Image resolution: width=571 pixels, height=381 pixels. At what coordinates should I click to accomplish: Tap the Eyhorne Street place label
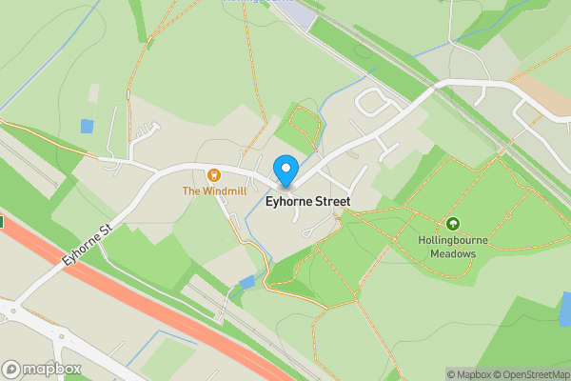pyautogui.click(x=307, y=202)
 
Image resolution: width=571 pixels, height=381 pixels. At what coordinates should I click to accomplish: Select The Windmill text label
pyautogui.click(x=215, y=191)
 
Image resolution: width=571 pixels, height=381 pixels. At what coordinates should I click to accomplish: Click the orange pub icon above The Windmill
pyautogui.click(x=214, y=175)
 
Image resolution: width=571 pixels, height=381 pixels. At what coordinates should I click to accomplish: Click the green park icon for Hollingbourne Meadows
pyautogui.click(x=453, y=224)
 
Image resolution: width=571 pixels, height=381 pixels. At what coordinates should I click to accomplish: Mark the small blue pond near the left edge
pyautogui.click(x=88, y=126)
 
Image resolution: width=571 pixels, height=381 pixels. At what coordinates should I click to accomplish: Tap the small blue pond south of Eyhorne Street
pyautogui.click(x=247, y=282)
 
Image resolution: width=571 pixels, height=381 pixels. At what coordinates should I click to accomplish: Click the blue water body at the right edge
pyautogui.click(x=565, y=310)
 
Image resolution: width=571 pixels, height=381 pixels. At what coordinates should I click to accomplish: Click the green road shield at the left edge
pyautogui.click(x=2, y=222)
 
